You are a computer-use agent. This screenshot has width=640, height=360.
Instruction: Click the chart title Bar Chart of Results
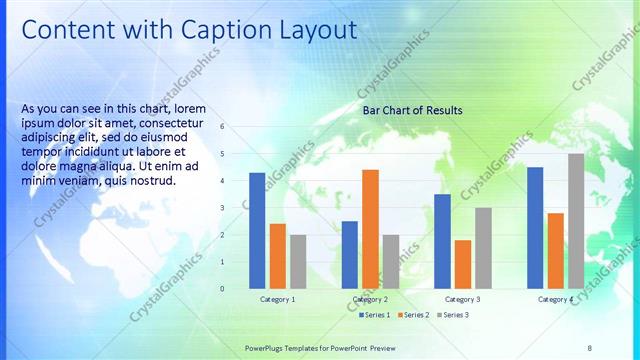[412, 109]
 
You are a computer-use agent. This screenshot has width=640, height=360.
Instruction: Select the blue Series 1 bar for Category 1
[257, 230]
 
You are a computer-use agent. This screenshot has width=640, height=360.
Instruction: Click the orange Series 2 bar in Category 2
[370, 229]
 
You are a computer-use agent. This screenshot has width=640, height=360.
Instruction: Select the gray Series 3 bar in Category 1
[298, 261]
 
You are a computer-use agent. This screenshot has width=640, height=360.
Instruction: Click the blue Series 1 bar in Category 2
[349, 254]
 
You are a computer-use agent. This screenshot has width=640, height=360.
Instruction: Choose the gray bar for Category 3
[483, 248]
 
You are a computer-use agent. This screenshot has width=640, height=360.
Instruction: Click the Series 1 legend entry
[375, 315]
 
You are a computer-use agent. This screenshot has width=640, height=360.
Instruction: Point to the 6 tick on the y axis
[222, 127]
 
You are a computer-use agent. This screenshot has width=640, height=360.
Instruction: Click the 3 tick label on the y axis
[222, 208]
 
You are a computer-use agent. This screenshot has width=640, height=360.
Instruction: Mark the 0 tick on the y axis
[222, 289]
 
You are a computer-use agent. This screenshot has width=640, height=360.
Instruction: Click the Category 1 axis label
[277, 300]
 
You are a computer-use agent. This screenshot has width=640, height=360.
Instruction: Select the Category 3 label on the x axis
[463, 300]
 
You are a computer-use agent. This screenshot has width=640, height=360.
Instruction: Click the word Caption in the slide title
[205, 30]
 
